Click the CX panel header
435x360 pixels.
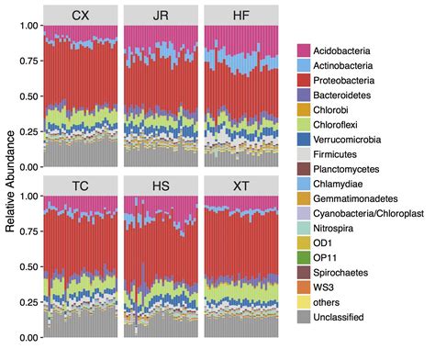pos(81,15)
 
